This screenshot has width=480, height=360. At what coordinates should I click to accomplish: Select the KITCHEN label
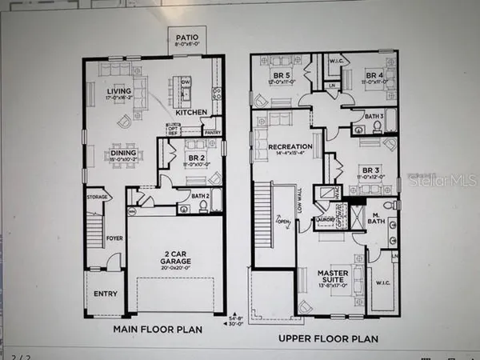(x=190, y=113)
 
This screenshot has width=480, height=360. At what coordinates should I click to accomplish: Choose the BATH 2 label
(x=201, y=195)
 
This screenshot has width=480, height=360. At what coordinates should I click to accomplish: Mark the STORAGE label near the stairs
(x=98, y=196)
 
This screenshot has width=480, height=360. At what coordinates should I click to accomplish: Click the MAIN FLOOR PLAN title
(x=157, y=328)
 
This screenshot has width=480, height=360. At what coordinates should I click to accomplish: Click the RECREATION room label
(x=286, y=147)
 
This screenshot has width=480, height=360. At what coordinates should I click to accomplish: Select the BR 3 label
(x=370, y=170)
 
